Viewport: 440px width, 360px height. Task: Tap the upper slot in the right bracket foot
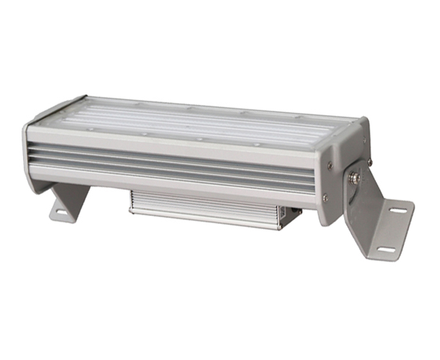pos(399,211)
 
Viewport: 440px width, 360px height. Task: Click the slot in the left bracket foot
pos(61,213)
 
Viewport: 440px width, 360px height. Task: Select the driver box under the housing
pos(208,210)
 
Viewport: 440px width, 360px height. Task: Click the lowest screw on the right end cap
pos(324,198)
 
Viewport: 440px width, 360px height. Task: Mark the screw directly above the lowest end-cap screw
pos(330,166)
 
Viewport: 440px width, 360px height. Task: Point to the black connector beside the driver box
pos(296,214)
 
